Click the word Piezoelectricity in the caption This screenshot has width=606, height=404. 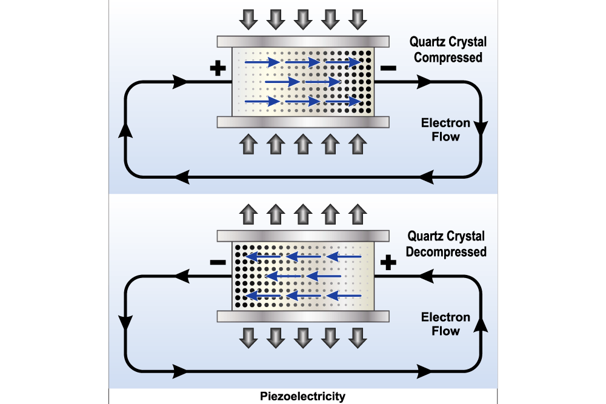click(x=303, y=397)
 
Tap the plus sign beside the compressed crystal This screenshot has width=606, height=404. click(x=217, y=68)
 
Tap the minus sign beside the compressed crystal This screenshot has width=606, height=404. click(x=388, y=68)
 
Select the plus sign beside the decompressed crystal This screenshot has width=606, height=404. click(x=388, y=262)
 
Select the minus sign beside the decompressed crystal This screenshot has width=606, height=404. click(x=217, y=262)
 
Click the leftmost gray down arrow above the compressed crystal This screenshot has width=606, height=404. click(x=248, y=19)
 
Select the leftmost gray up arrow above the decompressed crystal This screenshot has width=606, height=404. click(x=248, y=213)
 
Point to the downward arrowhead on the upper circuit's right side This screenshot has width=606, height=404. click(x=482, y=128)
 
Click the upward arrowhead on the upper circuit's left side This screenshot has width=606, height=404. click(x=125, y=128)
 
